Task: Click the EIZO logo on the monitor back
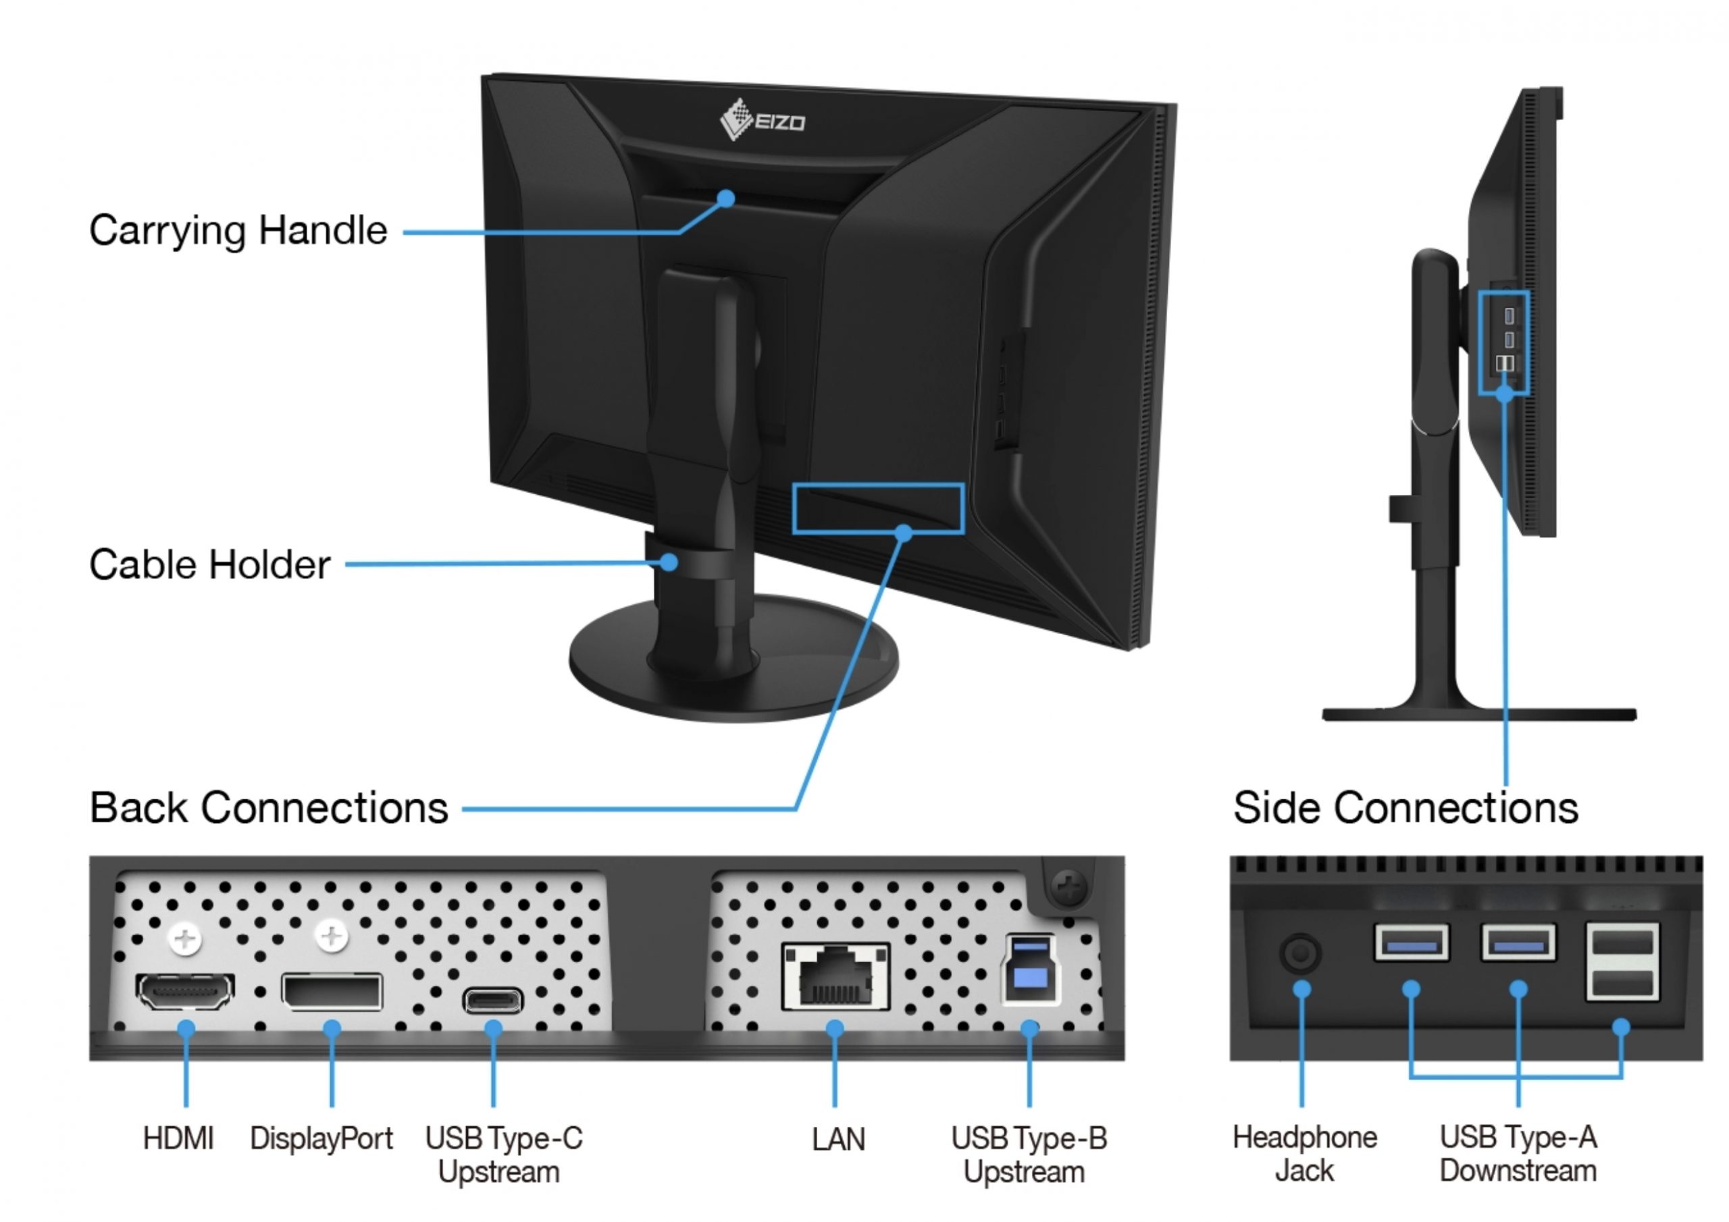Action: click(x=762, y=119)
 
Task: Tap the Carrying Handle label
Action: click(x=238, y=230)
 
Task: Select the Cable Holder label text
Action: click(x=209, y=564)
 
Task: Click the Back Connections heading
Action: click(x=269, y=808)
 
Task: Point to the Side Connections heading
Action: click(x=1405, y=808)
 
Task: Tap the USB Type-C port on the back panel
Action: click(x=493, y=1001)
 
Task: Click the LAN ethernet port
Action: click(x=835, y=976)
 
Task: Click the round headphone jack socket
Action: click(x=1301, y=954)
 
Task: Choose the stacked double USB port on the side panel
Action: click(x=1622, y=962)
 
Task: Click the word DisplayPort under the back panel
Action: click(x=321, y=1138)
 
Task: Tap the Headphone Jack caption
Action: click(x=1304, y=1154)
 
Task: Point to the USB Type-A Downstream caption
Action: click(x=1518, y=1154)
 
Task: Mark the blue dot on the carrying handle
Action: click(x=726, y=198)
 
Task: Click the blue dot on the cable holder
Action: click(x=669, y=562)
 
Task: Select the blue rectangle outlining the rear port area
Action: click(x=878, y=486)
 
